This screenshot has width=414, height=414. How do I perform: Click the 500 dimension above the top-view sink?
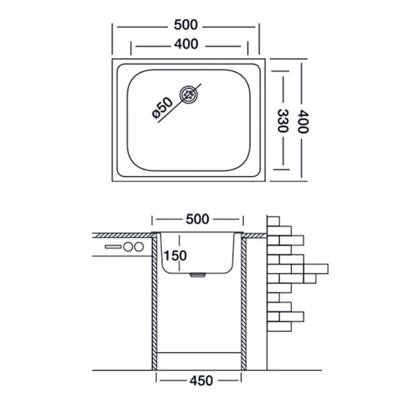[185, 25]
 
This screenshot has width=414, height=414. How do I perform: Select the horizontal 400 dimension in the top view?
[186, 44]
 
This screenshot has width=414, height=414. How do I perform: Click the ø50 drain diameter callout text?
[162, 108]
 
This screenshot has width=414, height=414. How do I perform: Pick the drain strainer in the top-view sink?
[189, 94]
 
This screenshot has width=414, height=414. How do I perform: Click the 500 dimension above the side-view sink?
[197, 219]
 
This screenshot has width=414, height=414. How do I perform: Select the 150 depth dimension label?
[175, 255]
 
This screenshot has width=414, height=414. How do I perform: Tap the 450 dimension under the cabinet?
[201, 381]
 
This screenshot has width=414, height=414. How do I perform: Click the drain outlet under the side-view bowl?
[198, 275]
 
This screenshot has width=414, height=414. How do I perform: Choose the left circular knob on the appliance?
[128, 247]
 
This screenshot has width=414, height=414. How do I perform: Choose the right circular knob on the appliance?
[139, 247]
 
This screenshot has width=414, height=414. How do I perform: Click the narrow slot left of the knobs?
[113, 247]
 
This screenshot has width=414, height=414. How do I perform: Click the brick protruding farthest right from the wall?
[316, 269]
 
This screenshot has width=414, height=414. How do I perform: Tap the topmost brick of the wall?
[273, 221]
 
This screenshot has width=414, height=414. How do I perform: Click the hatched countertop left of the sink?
[123, 236]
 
